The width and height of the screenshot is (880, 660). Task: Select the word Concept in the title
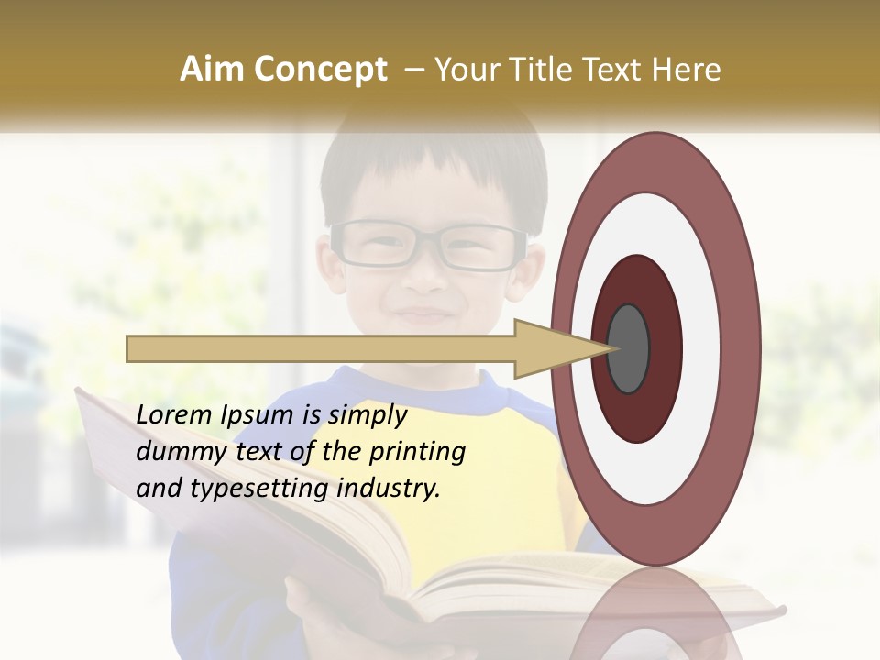click(320, 70)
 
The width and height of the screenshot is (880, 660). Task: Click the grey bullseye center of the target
click(628, 348)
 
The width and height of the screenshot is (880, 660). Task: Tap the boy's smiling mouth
click(423, 314)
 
